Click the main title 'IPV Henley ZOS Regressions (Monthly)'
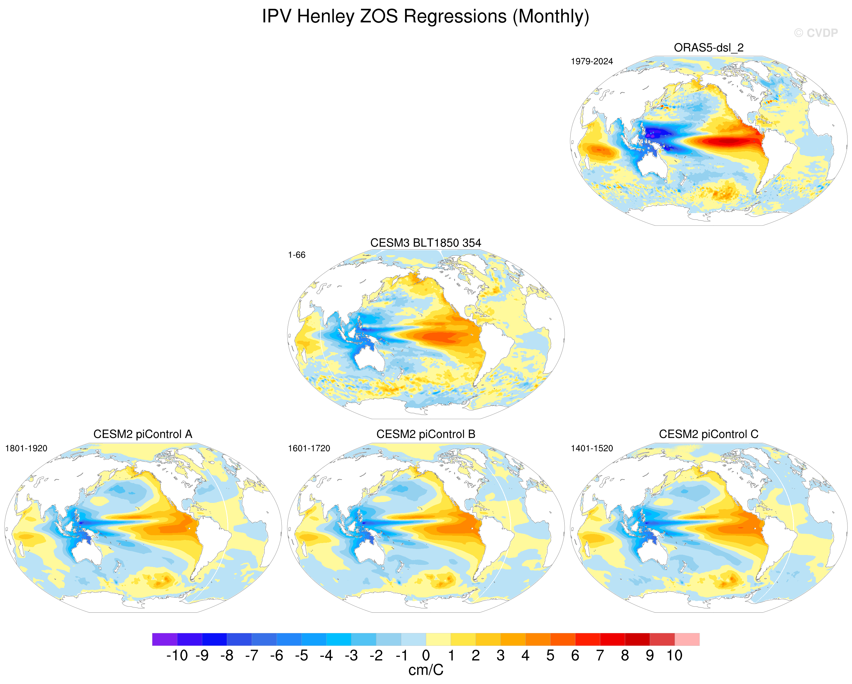click(x=426, y=17)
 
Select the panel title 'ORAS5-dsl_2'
click(x=709, y=48)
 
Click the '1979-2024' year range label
click(x=591, y=61)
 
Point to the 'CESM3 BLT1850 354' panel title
click(x=426, y=243)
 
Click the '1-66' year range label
click(x=296, y=255)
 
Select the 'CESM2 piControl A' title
click(x=143, y=434)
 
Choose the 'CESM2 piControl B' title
click(x=426, y=434)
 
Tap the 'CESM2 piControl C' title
click(x=709, y=434)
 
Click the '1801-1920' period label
click(x=26, y=448)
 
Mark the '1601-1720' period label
click(x=309, y=448)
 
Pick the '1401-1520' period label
click(x=591, y=448)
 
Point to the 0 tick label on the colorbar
click(x=426, y=655)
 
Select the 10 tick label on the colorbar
click(x=675, y=655)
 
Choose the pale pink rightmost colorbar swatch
click(x=687, y=639)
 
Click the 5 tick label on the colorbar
click(x=550, y=655)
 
